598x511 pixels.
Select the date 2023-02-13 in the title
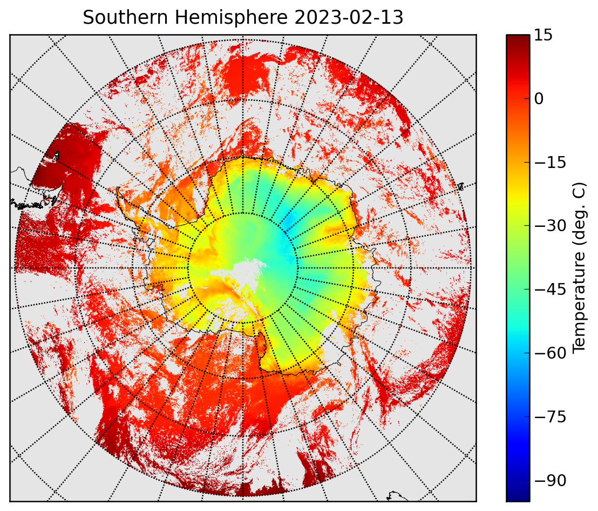click(x=349, y=17)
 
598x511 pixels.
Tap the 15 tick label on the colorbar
click(x=543, y=35)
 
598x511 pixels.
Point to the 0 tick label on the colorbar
click(x=539, y=99)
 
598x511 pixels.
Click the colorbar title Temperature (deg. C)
click(x=579, y=267)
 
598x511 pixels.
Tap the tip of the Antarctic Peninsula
click(x=119, y=189)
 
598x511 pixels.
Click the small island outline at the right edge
click(x=460, y=186)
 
